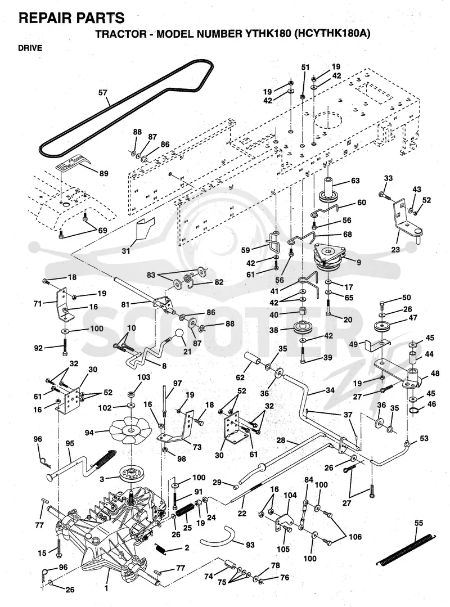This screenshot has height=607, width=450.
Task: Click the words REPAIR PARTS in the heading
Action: tap(71, 18)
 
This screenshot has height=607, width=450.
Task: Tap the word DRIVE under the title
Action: tap(30, 48)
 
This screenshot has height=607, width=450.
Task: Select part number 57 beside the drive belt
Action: tap(103, 93)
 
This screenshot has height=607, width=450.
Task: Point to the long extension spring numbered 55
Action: tap(406, 549)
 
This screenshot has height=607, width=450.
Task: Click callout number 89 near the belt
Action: tap(103, 174)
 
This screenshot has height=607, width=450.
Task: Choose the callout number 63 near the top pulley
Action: tap(355, 181)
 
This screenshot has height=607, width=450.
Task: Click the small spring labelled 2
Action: tap(163, 548)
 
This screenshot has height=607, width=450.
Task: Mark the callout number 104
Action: tap(290, 495)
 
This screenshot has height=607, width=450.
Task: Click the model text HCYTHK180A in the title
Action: tap(332, 34)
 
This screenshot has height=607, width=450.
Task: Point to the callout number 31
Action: tap(126, 251)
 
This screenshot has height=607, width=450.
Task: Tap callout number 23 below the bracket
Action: tap(395, 250)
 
